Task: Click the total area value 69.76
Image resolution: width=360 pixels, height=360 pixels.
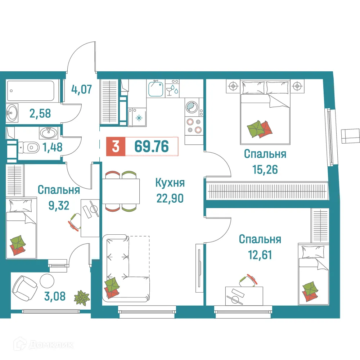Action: point(151,147)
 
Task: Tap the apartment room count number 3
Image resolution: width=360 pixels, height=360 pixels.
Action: point(115,147)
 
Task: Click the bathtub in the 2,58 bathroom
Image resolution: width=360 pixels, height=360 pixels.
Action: point(31,91)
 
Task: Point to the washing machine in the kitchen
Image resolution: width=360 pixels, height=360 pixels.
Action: point(191,107)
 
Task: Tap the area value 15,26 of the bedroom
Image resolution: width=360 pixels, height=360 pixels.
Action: point(265,169)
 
